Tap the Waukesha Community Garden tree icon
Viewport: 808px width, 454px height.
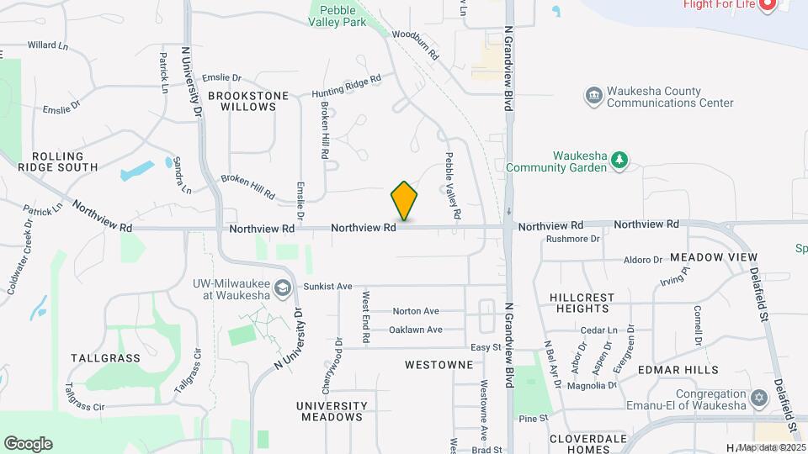pyautogui.click(x=620, y=159)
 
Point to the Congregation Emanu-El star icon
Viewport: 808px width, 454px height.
pyautogui.click(x=759, y=396)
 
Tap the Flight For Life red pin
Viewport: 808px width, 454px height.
pyautogui.click(x=767, y=5)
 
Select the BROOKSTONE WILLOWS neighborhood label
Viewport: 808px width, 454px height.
pyautogui.click(x=248, y=102)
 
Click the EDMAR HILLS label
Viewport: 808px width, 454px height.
pyautogui.click(x=690, y=370)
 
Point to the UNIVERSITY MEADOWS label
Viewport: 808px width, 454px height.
pyautogui.click(x=332, y=411)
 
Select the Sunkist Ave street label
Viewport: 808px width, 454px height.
pyautogui.click(x=328, y=287)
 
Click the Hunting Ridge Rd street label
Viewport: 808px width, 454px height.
pyautogui.click(x=346, y=87)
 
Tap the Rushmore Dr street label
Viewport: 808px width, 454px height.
pyautogui.click(x=571, y=239)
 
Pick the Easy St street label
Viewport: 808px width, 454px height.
pyautogui.click(x=486, y=347)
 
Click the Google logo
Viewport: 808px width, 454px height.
pyautogui.click(x=28, y=444)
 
